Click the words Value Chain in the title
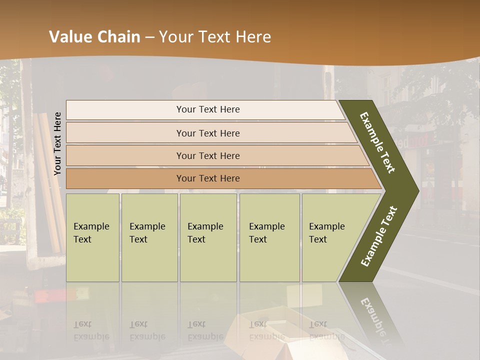(94, 36)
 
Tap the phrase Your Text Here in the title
(214, 36)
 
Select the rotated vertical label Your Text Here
(57, 143)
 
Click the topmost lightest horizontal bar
(207, 109)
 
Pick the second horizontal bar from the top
(207, 133)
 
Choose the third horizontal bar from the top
(207, 155)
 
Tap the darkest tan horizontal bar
(207, 178)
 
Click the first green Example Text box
(92, 237)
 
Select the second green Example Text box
(149, 237)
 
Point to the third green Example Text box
(208, 237)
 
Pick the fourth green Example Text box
(269, 237)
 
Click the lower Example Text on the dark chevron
(378, 236)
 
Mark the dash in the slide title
(149, 37)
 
